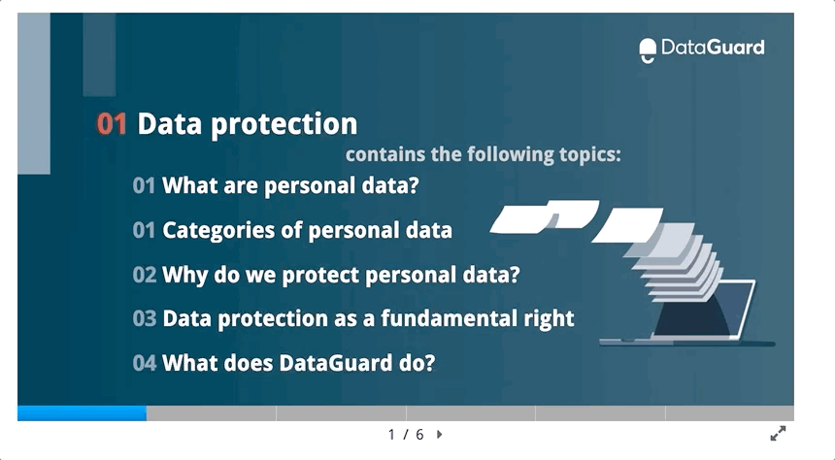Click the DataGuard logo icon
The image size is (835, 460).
(648, 50)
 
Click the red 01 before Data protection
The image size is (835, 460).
(112, 124)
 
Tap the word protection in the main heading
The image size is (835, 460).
(284, 124)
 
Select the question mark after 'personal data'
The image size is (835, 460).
(414, 185)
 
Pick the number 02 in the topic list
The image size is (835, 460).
(145, 275)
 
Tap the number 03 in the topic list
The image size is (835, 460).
(145, 318)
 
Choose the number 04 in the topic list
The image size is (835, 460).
(145, 363)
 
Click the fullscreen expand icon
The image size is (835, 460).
(778, 434)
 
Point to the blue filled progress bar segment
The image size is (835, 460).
(82, 413)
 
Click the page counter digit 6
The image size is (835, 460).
(419, 435)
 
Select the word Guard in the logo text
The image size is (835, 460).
(735, 48)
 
